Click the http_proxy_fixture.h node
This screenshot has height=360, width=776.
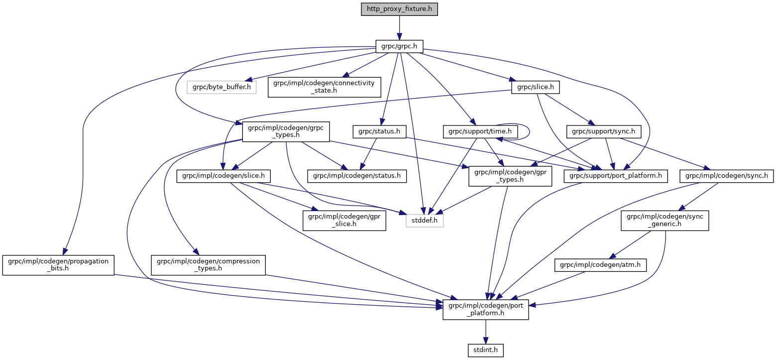(399, 9)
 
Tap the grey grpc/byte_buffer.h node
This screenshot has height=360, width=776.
(222, 87)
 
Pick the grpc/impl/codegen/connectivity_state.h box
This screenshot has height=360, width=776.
(324, 87)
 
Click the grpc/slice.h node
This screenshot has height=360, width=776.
(536, 87)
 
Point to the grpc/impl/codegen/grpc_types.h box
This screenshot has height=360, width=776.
(283, 131)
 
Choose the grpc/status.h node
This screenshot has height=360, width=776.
(379, 131)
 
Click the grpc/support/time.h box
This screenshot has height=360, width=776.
(480, 131)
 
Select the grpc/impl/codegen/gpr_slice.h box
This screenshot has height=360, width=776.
(344, 220)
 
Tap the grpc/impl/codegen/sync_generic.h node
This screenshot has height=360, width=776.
(665, 220)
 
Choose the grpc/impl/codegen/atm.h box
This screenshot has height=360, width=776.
(601, 266)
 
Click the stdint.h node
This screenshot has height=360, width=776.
(486, 350)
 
